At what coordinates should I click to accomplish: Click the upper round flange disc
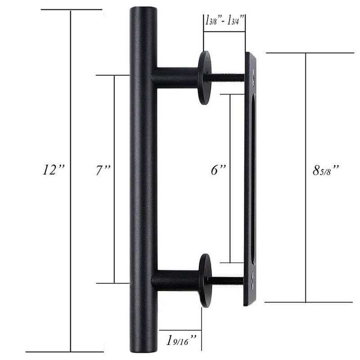[x=204, y=77]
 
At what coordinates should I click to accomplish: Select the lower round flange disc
[x=204, y=280]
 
